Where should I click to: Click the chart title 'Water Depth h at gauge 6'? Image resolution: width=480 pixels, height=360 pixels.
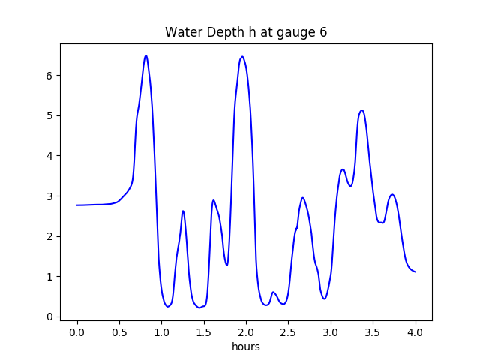click(x=246, y=32)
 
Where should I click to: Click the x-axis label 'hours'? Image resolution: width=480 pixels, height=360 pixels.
click(x=246, y=347)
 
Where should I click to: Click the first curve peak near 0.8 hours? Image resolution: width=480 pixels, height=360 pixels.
click(x=146, y=55)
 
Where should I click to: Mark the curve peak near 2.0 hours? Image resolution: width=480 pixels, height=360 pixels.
click(x=242, y=56)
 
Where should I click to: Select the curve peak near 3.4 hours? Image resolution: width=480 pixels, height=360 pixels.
click(x=362, y=110)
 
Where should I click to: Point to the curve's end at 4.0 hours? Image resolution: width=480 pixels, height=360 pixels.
click(x=415, y=271)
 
